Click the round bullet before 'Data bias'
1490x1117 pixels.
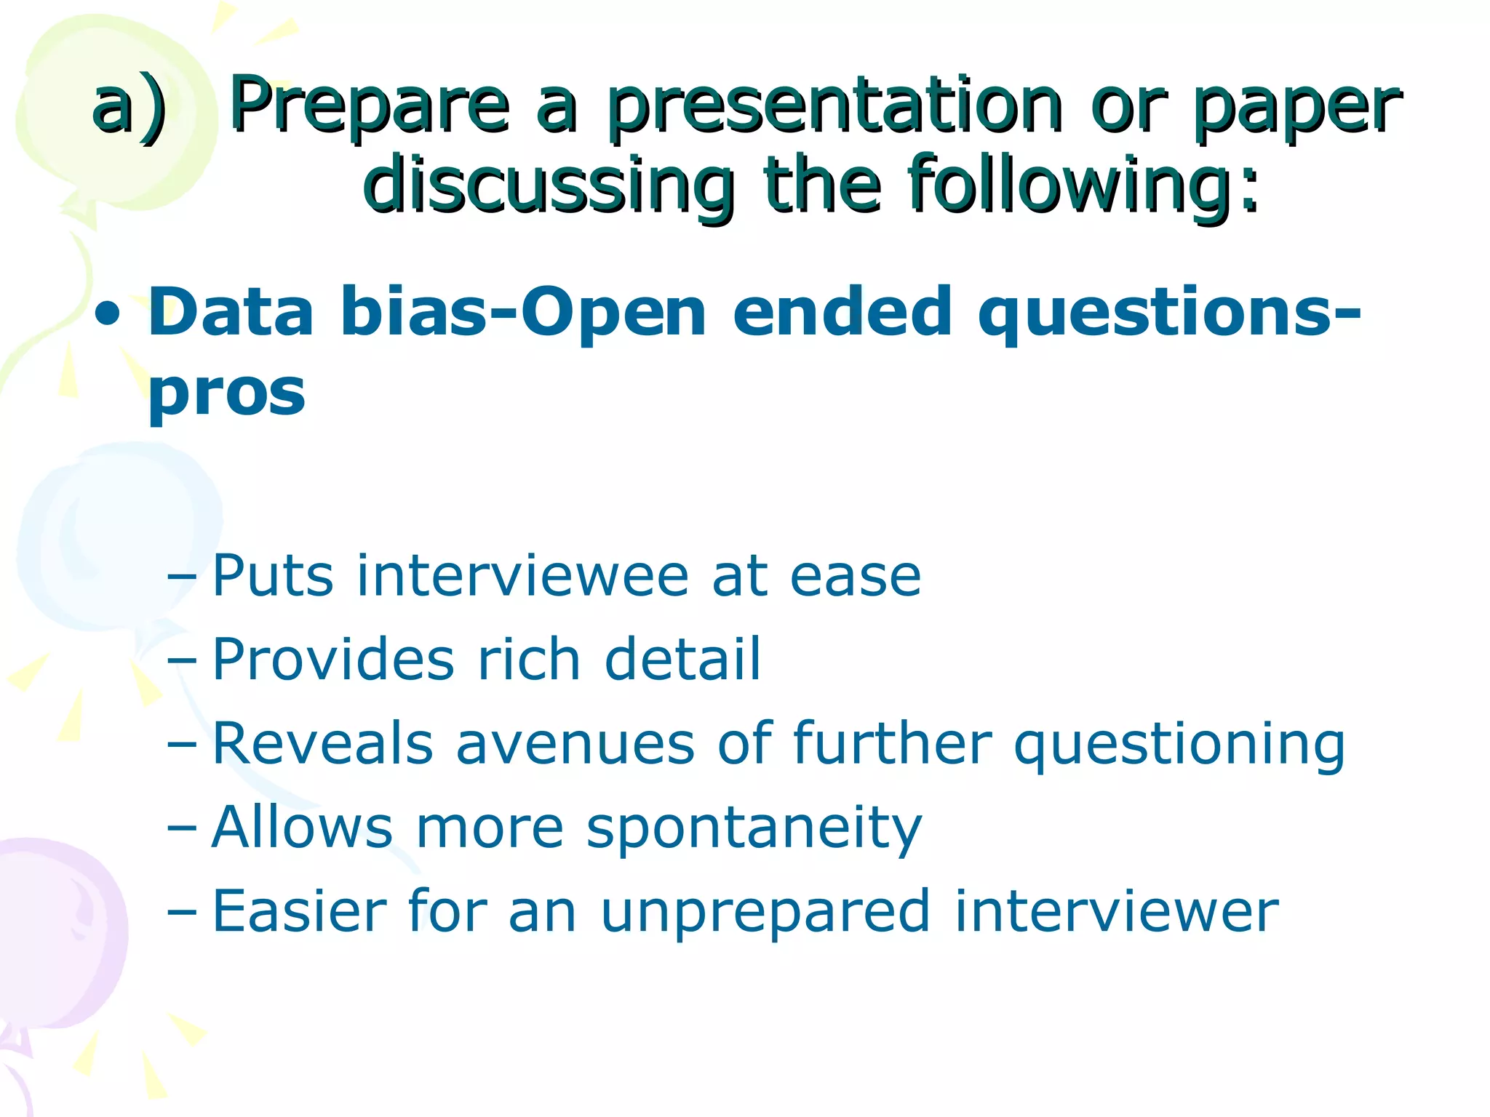108,315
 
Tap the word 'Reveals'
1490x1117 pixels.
322,743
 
